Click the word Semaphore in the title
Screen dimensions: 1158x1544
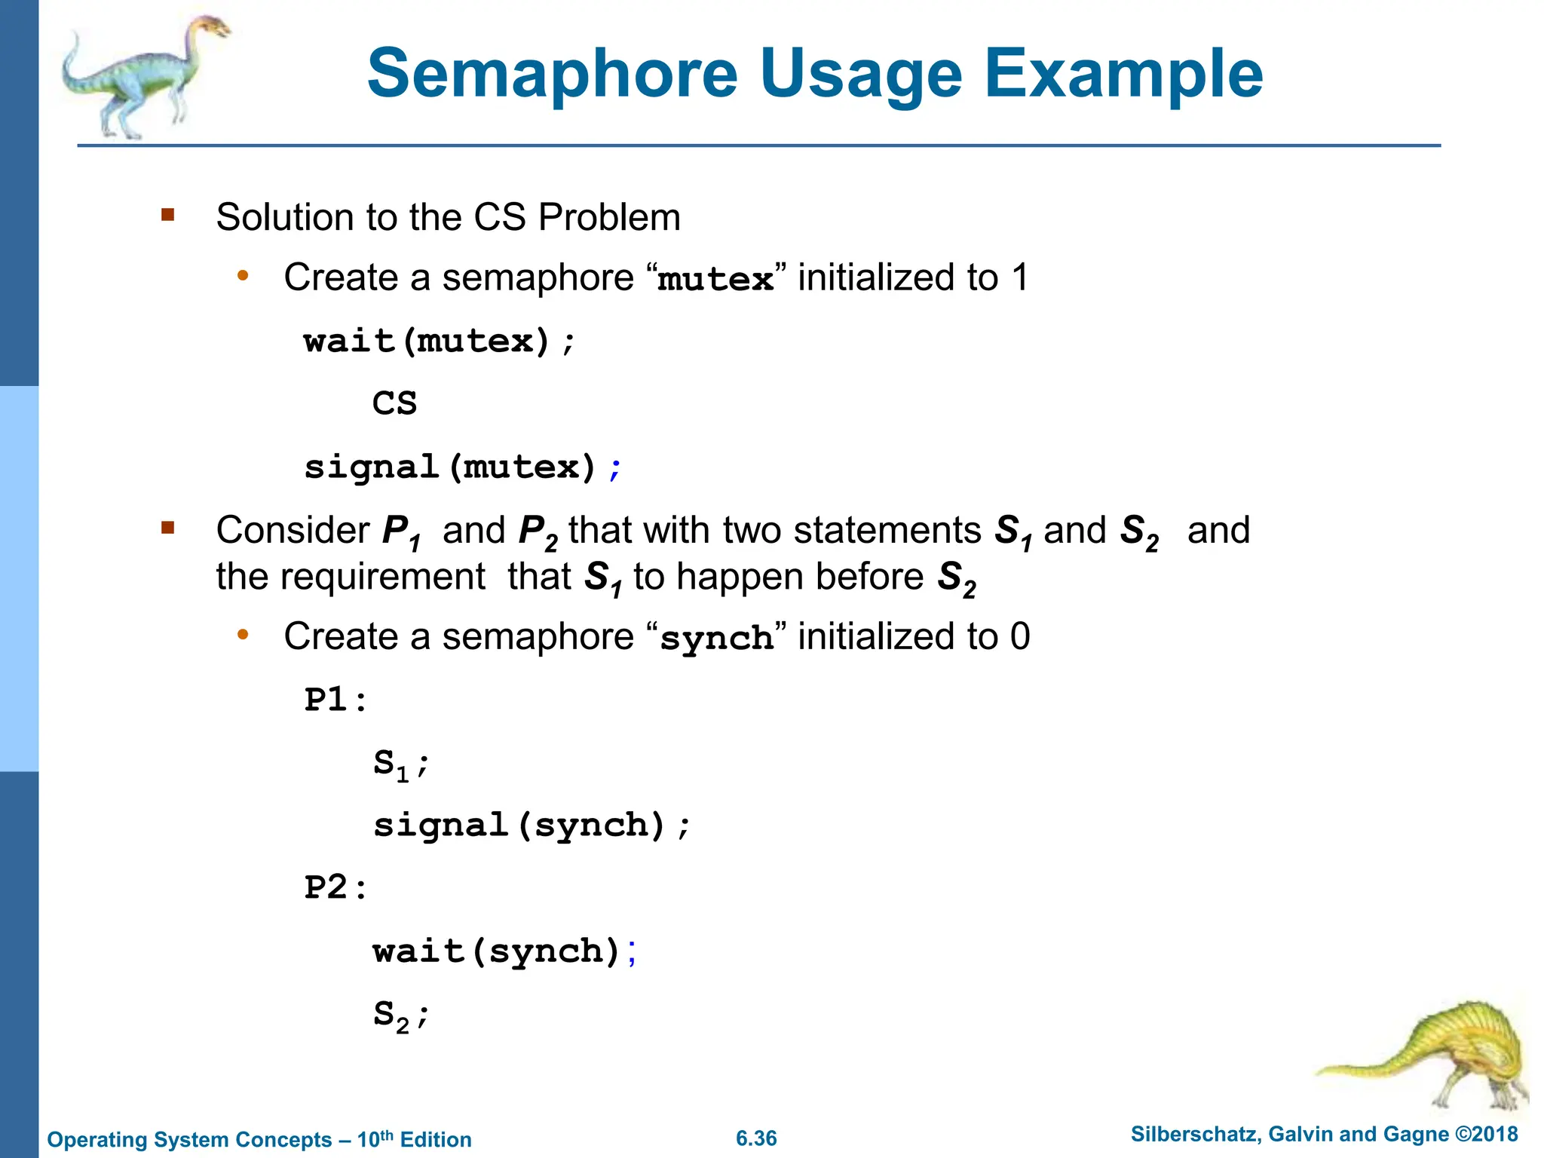pos(552,74)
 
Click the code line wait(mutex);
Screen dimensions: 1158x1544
pos(439,342)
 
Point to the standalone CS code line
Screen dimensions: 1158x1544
pos(394,404)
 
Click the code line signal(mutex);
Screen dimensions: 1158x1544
pos(462,467)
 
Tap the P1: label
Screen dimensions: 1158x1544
pos(335,700)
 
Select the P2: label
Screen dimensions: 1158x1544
pos(335,887)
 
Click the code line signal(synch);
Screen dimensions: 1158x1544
pos(531,826)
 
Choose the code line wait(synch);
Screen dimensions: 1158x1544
pos(504,951)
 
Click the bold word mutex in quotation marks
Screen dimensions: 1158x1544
pos(715,280)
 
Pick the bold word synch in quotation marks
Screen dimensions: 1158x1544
pos(716,639)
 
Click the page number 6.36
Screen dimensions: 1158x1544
pos(756,1138)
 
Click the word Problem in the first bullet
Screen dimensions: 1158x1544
pos(609,218)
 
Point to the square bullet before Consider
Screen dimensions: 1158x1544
pos(167,528)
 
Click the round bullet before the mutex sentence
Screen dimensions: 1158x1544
pos(243,276)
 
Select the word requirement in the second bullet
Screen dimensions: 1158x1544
pos(383,577)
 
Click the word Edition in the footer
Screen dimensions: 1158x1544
pos(436,1140)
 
